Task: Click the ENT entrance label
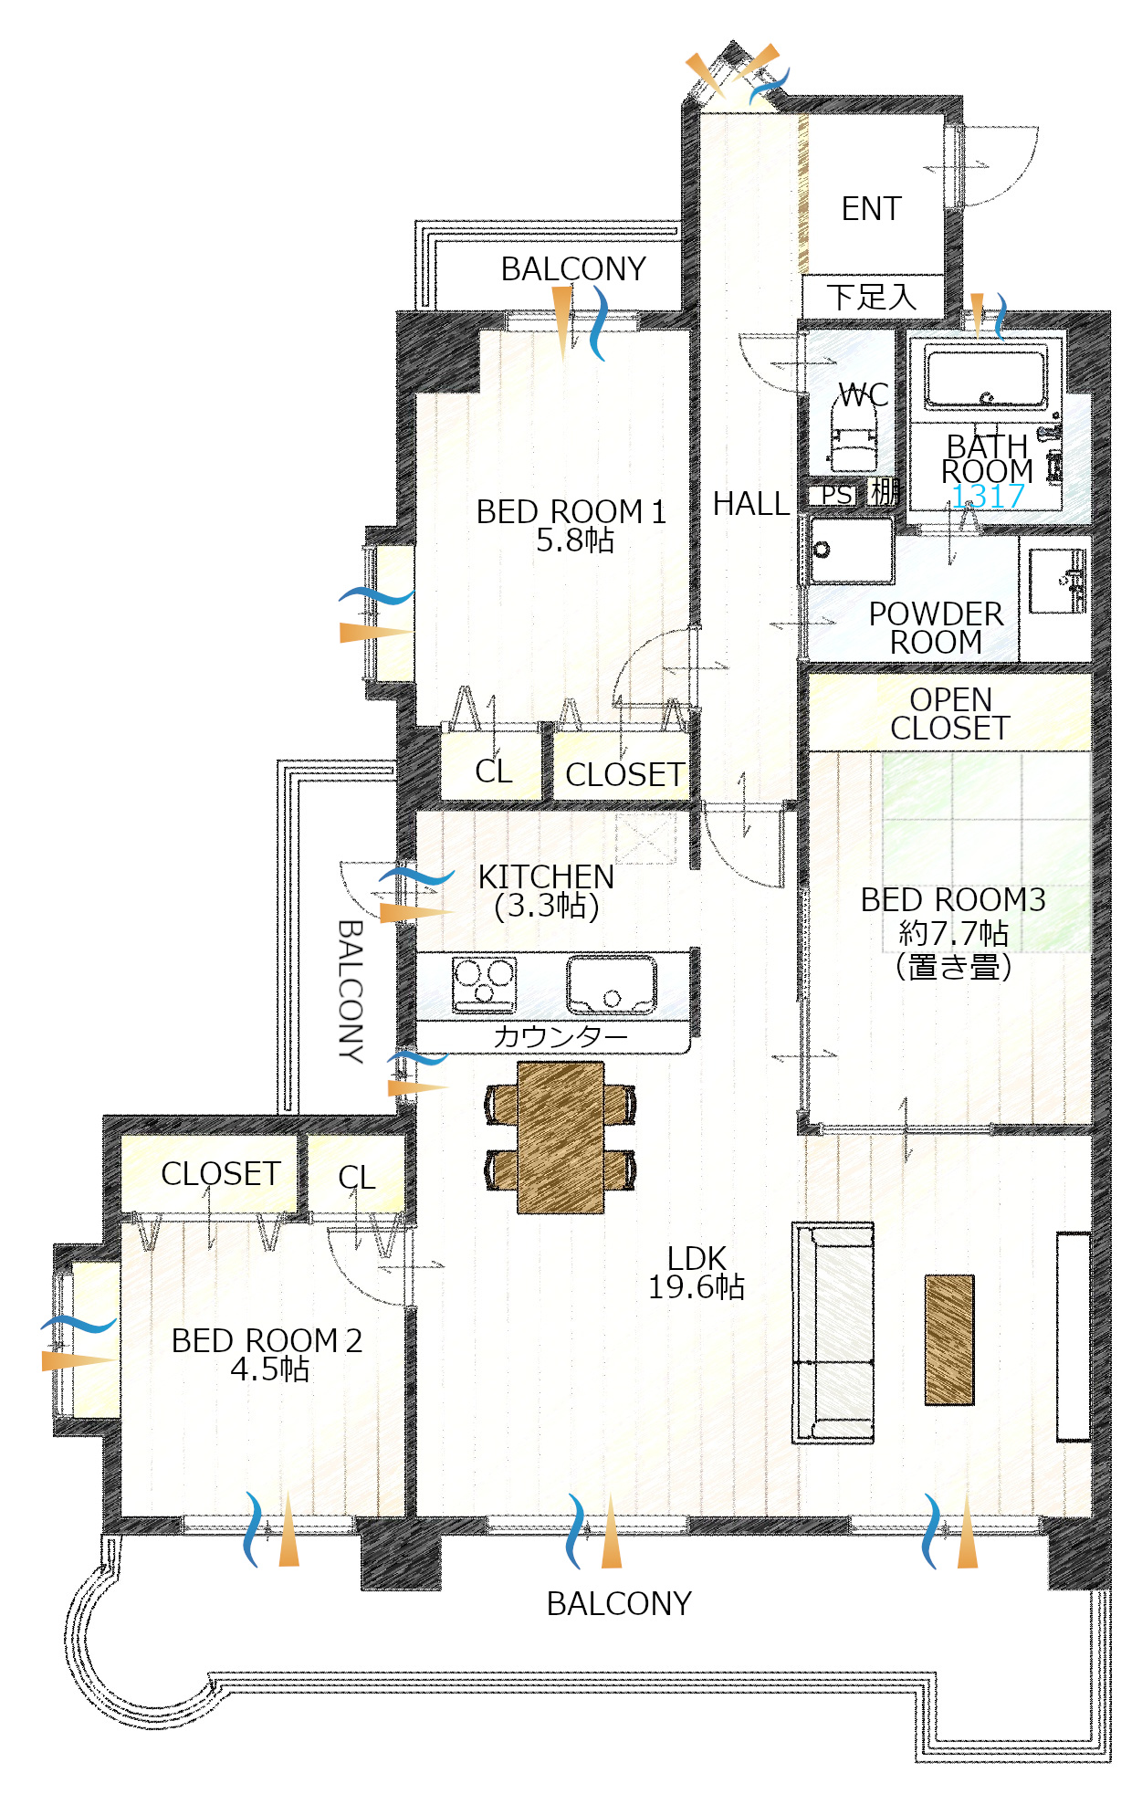click(871, 209)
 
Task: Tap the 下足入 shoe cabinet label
click(872, 297)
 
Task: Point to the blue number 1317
click(988, 497)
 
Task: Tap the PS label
click(836, 495)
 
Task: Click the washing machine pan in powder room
click(851, 550)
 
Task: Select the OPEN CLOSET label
click(950, 714)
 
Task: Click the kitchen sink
click(611, 984)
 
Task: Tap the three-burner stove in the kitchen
click(485, 983)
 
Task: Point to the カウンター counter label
click(561, 1037)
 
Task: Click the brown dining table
click(561, 1138)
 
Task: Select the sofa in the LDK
click(833, 1332)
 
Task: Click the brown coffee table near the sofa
click(949, 1339)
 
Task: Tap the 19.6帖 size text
click(696, 1287)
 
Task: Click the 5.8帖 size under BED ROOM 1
click(574, 540)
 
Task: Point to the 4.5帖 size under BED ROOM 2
click(269, 1369)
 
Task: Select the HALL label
click(750, 504)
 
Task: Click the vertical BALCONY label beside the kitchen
click(351, 991)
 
